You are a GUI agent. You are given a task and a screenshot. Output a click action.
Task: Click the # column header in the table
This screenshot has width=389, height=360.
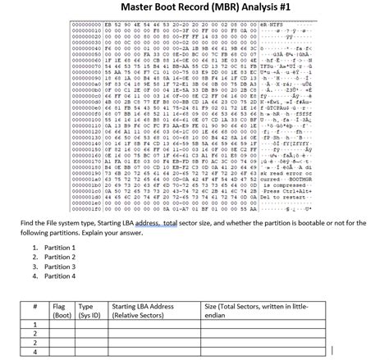pos(35,304)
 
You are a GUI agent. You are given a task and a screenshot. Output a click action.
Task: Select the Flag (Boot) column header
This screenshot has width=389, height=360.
pos(60,309)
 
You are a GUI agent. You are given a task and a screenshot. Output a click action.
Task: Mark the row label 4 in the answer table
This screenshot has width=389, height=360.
pos(35,353)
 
